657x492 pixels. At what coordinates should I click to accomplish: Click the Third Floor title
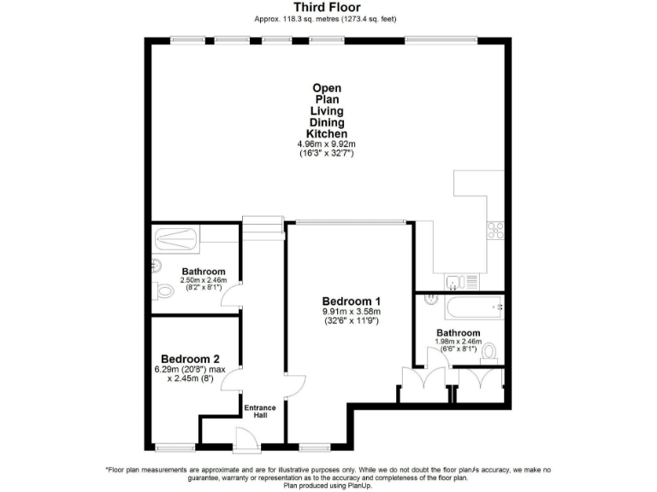coord(328,8)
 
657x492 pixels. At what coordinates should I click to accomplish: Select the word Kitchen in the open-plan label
coord(328,134)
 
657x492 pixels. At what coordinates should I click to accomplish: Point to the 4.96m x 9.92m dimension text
coord(328,144)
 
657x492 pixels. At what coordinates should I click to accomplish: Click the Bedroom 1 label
coord(351,302)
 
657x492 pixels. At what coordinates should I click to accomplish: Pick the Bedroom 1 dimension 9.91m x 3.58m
coord(351,313)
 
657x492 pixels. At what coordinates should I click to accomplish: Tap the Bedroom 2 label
coord(191,359)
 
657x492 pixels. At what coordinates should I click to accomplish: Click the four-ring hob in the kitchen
coord(495,229)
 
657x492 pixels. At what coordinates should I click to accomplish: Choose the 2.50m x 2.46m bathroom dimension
coord(203,280)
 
